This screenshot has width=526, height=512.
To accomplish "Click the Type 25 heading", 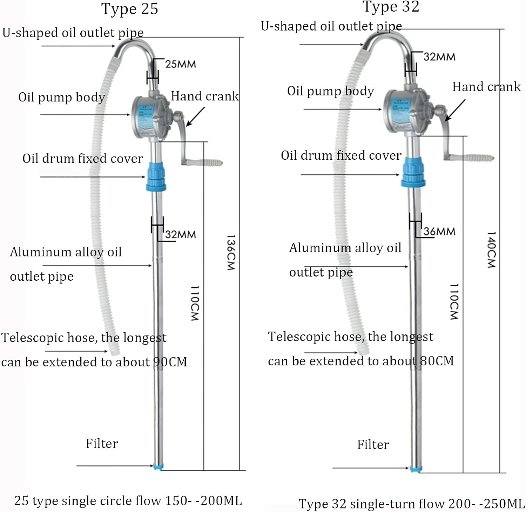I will click(x=130, y=9).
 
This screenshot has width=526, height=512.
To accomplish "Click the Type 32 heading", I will click(x=391, y=7).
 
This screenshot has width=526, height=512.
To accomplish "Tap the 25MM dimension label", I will click(x=180, y=64).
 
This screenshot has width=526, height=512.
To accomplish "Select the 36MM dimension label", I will click(x=439, y=232).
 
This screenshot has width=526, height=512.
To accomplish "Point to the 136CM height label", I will click(x=230, y=253).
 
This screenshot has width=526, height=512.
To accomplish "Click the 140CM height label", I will click(x=491, y=250).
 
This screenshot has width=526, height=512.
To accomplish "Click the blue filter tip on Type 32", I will click(x=416, y=469).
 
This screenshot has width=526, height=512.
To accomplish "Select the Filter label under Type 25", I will click(x=102, y=444).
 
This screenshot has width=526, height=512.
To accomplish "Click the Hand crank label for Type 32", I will click(x=486, y=87).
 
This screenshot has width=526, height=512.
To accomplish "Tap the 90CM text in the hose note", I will click(x=170, y=362).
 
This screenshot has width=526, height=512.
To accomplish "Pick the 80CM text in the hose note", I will click(x=437, y=361).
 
